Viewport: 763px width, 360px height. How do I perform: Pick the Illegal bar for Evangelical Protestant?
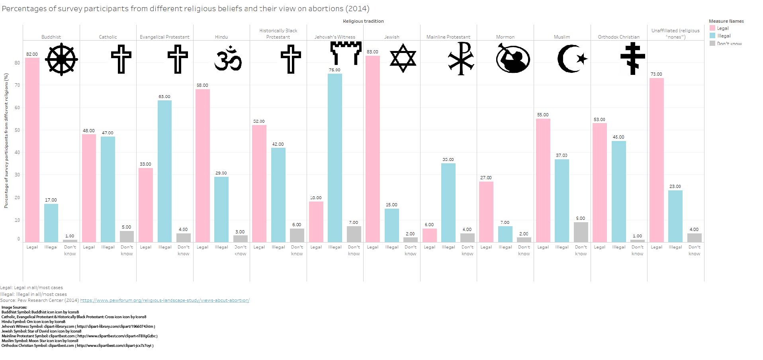[164, 171]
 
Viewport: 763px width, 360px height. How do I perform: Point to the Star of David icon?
[403, 58]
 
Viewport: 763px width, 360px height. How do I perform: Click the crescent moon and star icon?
[572, 59]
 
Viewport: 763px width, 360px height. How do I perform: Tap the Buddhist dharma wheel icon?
[61, 59]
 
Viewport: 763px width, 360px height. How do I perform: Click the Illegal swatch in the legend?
[712, 36]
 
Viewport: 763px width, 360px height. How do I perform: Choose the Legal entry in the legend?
[722, 28]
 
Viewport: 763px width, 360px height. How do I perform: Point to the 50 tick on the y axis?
[17, 130]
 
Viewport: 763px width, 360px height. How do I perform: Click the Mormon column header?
[505, 37]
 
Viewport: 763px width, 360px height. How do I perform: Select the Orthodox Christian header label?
[618, 37]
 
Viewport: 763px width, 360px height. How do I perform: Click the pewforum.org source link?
[164, 300]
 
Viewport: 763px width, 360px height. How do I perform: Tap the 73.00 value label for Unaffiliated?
[656, 74]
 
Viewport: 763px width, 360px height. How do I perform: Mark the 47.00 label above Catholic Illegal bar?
[108, 133]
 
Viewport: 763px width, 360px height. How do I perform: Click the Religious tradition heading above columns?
[363, 21]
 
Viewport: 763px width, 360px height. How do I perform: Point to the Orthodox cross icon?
[632, 59]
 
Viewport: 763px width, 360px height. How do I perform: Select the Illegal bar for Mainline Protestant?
[448, 203]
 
